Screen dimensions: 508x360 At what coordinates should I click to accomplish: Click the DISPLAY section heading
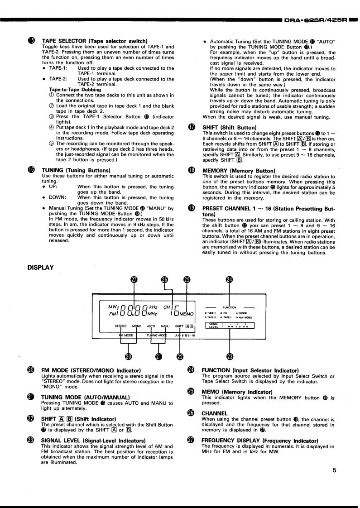coord(41,268)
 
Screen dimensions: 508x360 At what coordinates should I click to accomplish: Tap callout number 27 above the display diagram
coord(134,279)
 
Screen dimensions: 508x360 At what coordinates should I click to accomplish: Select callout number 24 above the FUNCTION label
coord(230,279)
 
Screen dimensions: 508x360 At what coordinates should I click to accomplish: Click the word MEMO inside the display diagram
coord(186,313)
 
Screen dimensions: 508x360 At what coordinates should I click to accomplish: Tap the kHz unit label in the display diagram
coord(153,307)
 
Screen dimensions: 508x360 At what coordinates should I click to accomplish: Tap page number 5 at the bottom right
coord(334,470)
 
